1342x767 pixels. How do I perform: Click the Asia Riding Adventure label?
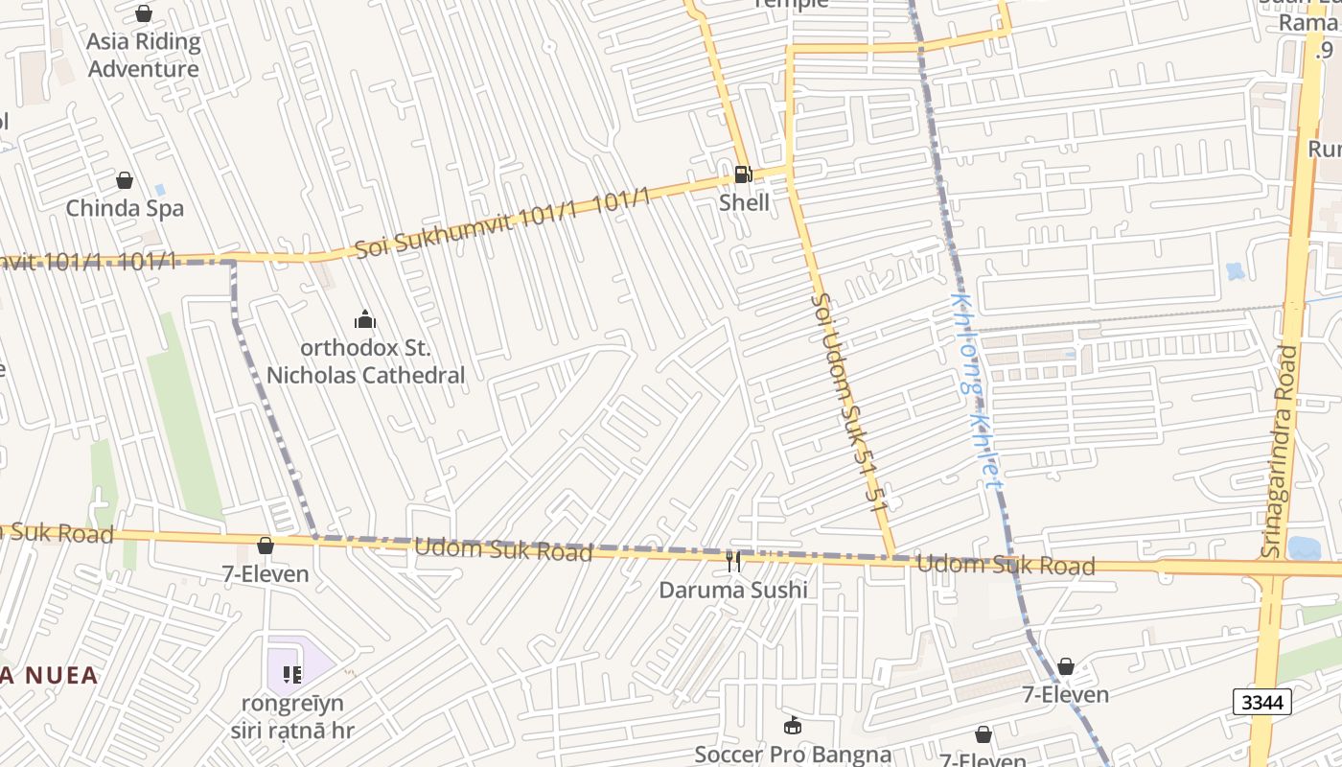point(144,55)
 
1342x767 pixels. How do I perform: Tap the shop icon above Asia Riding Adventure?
point(144,13)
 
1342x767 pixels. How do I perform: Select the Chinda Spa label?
point(125,208)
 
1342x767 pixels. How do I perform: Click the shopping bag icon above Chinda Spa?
point(125,180)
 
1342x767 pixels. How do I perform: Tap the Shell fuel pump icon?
point(743,174)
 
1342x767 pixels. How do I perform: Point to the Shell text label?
point(744,202)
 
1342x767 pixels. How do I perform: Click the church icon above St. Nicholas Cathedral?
point(365,319)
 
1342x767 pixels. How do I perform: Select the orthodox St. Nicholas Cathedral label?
point(365,361)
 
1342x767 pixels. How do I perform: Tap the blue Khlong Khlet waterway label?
point(976,390)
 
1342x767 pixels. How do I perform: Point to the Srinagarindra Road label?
point(1280,451)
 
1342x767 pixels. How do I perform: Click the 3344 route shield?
point(1261,703)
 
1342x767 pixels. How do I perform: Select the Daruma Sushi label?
point(733,590)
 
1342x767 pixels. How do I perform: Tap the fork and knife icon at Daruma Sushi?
point(733,561)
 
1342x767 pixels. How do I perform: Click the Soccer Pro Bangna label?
point(793,755)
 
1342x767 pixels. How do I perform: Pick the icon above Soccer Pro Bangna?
point(793,725)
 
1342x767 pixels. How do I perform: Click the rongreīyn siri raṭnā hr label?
point(292,716)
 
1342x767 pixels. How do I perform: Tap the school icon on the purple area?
point(292,675)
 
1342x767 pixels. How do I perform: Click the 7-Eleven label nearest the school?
point(266,573)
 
